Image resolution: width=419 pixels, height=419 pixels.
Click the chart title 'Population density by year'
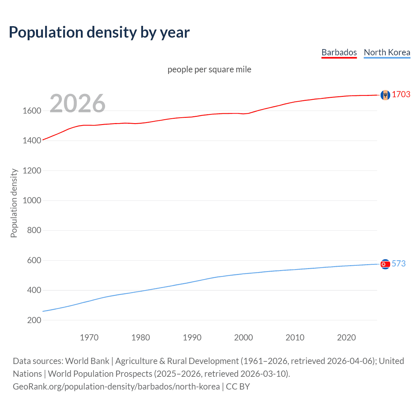click(99, 32)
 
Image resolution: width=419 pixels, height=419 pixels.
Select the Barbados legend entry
click(339, 52)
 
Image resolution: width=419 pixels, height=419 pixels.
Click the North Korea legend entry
click(387, 52)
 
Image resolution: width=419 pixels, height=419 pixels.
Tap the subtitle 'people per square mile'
click(209, 69)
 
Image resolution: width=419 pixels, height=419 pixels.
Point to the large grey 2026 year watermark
click(78, 103)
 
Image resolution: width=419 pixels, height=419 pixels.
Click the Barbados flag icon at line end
click(385, 95)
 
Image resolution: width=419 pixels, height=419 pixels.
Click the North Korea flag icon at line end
click(385, 264)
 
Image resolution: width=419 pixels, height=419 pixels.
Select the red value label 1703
click(401, 94)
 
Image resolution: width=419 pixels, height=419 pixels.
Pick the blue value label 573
click(398, 264)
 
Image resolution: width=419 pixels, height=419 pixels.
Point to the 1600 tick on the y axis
click(32, 111)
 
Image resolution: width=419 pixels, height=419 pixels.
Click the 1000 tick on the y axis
click(32, 200)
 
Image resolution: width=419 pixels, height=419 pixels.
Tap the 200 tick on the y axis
click(34, 320)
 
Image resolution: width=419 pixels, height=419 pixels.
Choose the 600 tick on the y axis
click(34, 260)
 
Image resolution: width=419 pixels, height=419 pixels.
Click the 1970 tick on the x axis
click(89, 337)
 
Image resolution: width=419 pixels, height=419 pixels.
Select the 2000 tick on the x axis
click(244, 337)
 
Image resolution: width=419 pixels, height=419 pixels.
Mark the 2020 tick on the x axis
click(346, 337)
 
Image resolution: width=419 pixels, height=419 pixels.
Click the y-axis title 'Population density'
click(14, 203)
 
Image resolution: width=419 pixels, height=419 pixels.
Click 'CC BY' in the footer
click(238, 387)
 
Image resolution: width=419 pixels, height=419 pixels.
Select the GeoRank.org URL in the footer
click(116, 387)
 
